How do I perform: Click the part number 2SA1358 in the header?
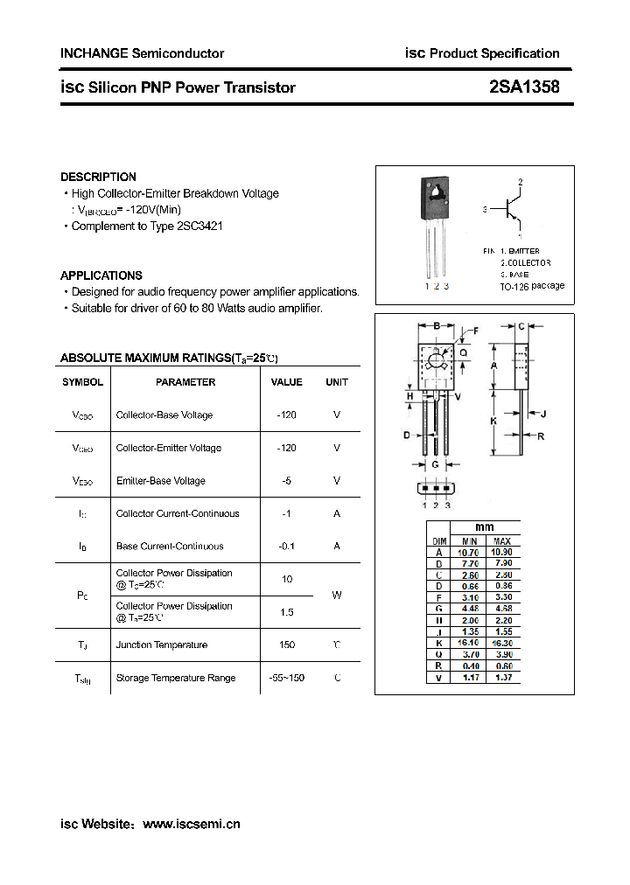pos(524,87)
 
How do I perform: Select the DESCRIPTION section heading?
pos(98,177)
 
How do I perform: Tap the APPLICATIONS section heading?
pos(101,275)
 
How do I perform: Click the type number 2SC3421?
pos(199,226)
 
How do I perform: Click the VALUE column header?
pos(286,382)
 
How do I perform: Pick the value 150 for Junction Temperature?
pos(287,645)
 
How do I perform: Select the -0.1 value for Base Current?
pos(287,546)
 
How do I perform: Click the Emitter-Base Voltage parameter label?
pos(160,481)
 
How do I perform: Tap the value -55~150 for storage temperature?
pos(287,678)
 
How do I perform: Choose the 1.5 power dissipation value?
pos(287,612)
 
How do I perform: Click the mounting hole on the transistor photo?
pos(435,188)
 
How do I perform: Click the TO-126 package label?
pos(532,286)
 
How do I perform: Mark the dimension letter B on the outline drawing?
pos(436,326)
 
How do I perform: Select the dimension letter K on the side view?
pos(493,421)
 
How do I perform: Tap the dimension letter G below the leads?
pos(436,464)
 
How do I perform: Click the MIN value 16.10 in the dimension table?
pos(470,642)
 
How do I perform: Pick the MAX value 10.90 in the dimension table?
pos(502,553)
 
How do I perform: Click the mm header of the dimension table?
pos(485,527)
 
